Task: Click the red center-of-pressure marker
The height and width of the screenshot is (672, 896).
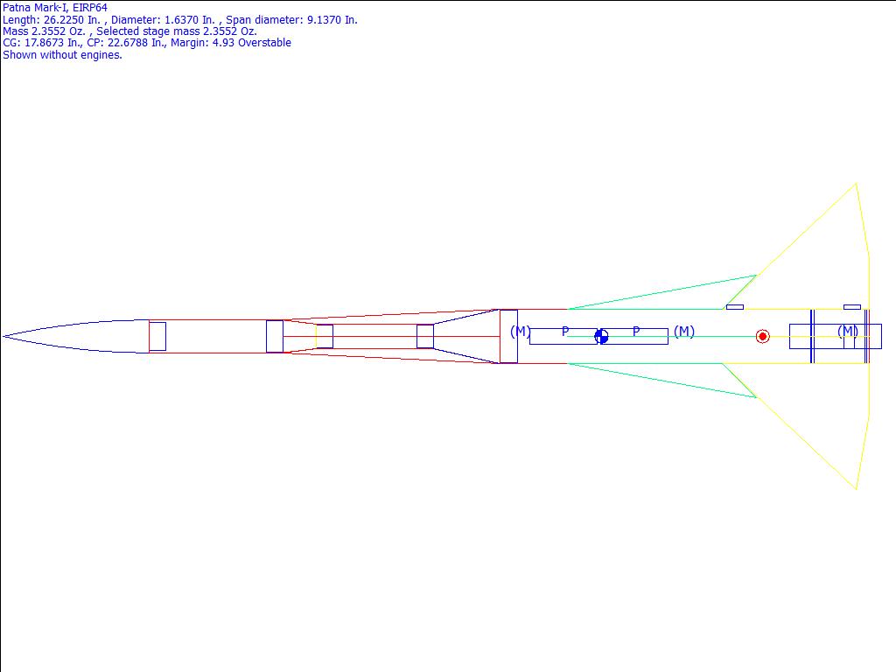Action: pyautogui.click(x=762, y=337)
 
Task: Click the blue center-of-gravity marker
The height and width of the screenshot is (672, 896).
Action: pyautogui.click(x=601, y=337)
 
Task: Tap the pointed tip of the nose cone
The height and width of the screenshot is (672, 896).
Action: pyautogui.click(x=3, y=337)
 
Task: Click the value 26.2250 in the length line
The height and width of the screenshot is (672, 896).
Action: pyautogui.click(x=65, y=20)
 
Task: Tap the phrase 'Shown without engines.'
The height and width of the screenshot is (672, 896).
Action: pyautogui.click(x=62, y=55)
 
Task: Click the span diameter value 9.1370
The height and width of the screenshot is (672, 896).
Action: pyautogui.click(x=324, y=20)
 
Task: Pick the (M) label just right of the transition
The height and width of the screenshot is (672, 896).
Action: pyautogui.click(x=520, y=332)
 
